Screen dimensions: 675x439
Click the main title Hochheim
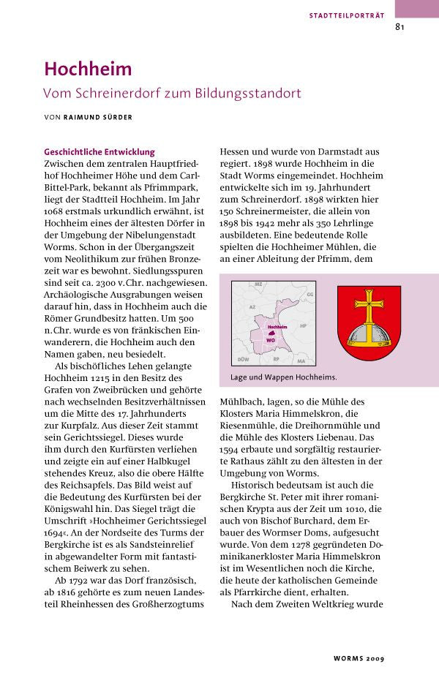coord(88,69)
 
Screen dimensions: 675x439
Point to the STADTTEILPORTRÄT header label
coord(346,15)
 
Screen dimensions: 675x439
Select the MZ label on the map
coord(258,284)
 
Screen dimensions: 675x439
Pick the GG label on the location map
coord(309,293)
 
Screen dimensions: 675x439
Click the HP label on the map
coord(303,325)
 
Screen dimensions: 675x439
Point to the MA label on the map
coord(301,361)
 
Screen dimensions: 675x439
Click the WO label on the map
coord(271,340)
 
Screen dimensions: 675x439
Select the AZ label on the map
coord(252,308)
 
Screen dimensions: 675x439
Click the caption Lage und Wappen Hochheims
coord(279,377)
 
